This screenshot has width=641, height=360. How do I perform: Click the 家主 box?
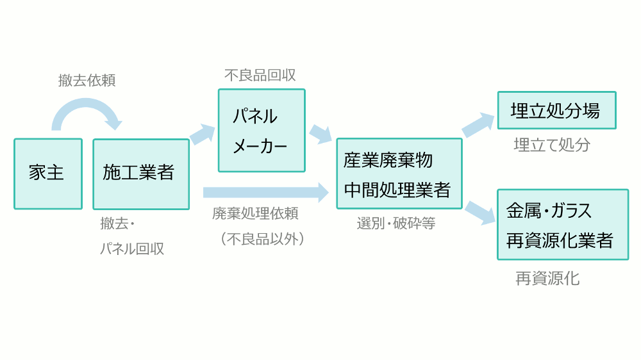pos(48,174)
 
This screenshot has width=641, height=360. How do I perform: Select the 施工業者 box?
pos(141,174)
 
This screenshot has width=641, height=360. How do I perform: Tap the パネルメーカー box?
pos(262,131)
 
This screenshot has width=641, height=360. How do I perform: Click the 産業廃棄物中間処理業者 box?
pos(399,174)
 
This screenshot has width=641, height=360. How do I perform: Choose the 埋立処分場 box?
pos(556,110)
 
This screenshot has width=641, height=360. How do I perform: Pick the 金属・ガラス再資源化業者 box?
pos(562,224)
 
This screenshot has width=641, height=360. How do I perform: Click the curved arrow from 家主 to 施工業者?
pos(86,113)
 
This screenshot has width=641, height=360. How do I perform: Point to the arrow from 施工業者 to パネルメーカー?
pos(203,134)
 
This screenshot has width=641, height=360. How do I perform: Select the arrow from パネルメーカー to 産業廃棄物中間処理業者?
pos(320,134)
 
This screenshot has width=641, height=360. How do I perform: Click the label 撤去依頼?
pos(87,81)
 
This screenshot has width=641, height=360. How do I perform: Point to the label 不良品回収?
pos(260,75)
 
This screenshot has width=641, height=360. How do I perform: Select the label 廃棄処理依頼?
pos(255,214)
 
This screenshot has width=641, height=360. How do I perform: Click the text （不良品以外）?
pos(261,239)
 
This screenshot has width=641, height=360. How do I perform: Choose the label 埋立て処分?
pos(552,145)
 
